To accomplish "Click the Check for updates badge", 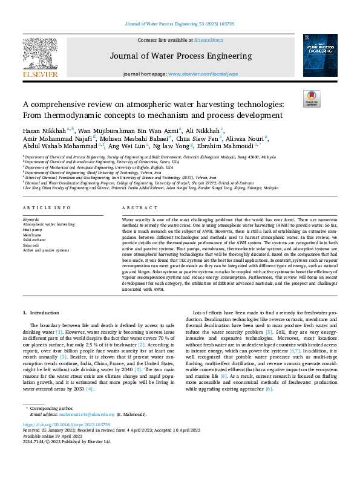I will click(312, 98).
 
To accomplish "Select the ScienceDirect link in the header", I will click(209, 40).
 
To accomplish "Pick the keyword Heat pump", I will click(32, 230).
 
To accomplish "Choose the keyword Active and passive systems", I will click(45, 250).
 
